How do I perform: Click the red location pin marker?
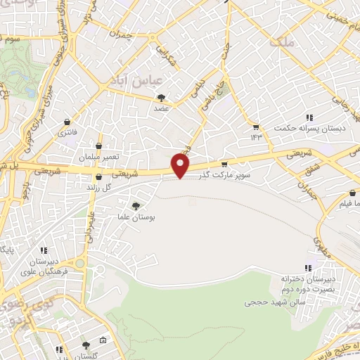tap(181, 166)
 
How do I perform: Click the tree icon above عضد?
tap(162, 98)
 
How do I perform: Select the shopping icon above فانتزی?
tap(68, 121)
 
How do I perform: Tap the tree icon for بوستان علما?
tap(135, 205)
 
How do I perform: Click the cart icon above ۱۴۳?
tap(255, 127)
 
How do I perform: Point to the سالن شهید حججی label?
tap(269, 302)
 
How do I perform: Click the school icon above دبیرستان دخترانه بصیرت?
tap(307, 267)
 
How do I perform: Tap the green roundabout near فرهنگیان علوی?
tap(79, 264)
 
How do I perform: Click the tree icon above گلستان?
tap(86, 345)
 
